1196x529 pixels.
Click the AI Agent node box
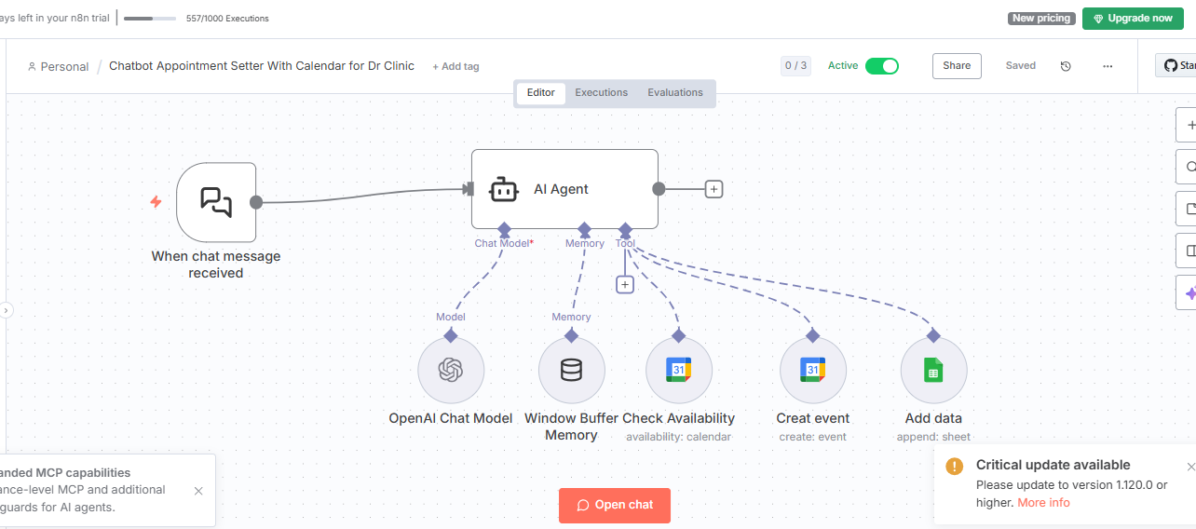tap(564, 189)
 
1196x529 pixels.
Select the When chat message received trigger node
tap(216, 201)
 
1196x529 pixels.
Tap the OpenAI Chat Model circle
tap(451, 371)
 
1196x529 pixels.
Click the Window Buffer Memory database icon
tap(571, 371)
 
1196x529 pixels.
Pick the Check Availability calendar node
tap(678, 371)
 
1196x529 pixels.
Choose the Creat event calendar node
tap(812, 371)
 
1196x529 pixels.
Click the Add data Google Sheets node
tap(933, 371)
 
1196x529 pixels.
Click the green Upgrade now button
tap(1132, 18)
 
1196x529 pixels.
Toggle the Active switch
tap(881, 65)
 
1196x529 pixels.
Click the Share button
tap(956, 65)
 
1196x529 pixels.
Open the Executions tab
tap(601, 93)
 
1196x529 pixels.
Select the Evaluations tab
tap(675, 93)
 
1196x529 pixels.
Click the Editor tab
tap(541, 93)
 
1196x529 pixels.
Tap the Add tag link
tap(456, 66)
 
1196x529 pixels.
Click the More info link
tap(1043, 503)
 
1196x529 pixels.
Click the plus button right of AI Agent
tap(714, 189)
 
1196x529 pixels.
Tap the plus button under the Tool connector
tap(625, 284)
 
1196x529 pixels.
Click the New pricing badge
tap(1041, 18)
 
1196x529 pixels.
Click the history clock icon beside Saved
tap(1066, 66)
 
